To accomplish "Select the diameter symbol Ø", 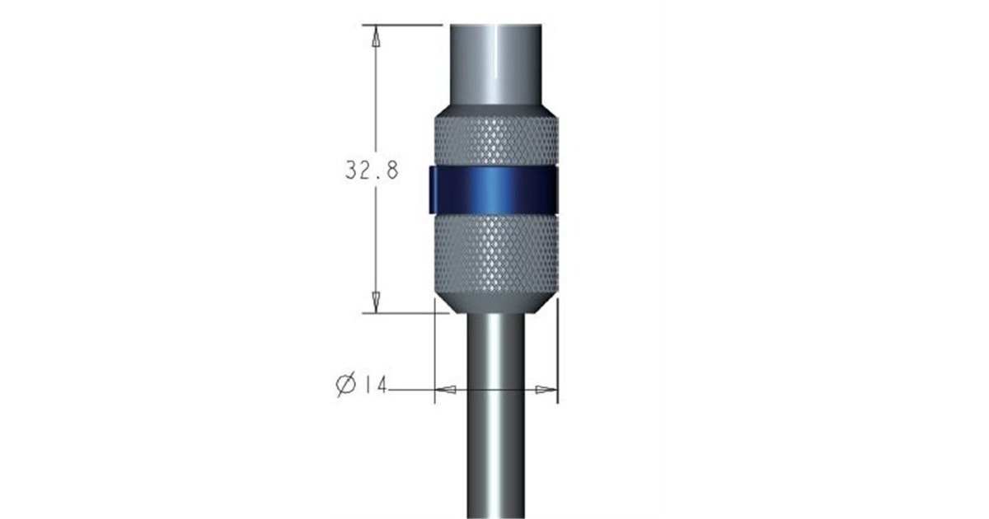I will pos(346,385).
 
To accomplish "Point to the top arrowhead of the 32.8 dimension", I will pos(376,38).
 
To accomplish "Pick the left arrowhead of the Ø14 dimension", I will pos(444,389).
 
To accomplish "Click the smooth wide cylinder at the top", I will pos(494,66).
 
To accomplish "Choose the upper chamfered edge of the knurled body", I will pos(494,110).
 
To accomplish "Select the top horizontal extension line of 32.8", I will pos(404,25).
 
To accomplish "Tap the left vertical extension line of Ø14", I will pos(434,354).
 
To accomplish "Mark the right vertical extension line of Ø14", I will pos(558,354).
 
